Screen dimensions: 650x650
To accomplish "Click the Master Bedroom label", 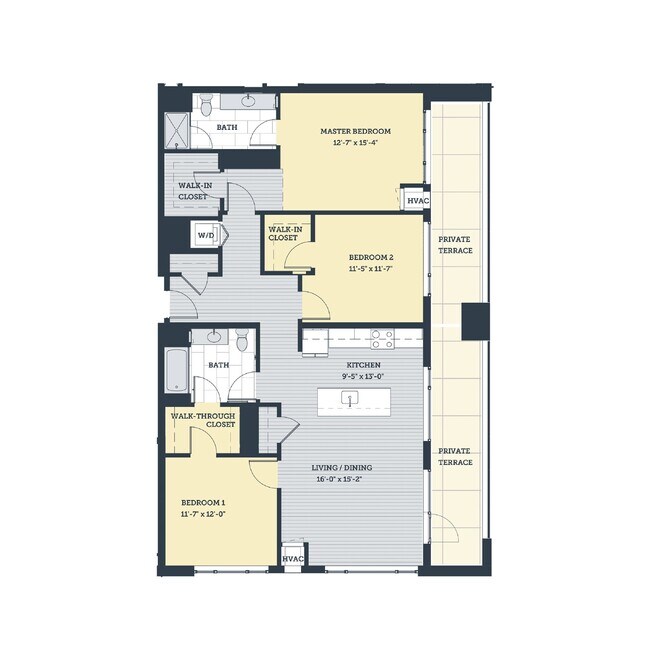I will [x=355, y=131].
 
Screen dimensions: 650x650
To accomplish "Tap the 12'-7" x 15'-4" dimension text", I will [x=355, y=143].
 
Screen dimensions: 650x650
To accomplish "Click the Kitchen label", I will [x=361, y=365].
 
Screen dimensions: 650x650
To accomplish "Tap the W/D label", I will [x=205, y=235].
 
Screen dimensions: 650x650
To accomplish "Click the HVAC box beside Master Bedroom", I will [x=417, y=200].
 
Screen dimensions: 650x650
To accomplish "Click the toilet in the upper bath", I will [x=204, y=105].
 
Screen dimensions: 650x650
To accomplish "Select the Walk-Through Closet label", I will [x=203, y=419].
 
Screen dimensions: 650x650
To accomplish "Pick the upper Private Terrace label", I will [x=454, y=245].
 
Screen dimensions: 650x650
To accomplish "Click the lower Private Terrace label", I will [x=454, y=456].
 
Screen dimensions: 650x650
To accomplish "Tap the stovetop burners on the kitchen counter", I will [x=382, y=336].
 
